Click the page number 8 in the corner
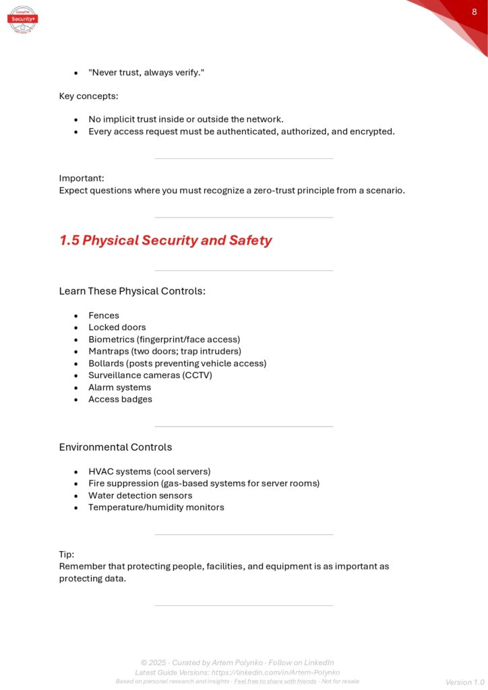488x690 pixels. [474, 11]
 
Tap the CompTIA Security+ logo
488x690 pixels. [22, 18]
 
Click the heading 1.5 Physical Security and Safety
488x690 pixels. [165, 241]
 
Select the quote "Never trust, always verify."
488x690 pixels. [146, 72]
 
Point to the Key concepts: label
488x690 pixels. [88, 96]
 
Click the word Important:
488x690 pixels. [82, 179]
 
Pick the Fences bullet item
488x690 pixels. [104, 315]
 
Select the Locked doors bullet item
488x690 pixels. [117, 327]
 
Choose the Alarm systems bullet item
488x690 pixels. [119, 387]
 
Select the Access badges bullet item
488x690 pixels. [120, 400]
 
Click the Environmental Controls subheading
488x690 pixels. [115, 447]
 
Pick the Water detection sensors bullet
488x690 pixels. [140, 495]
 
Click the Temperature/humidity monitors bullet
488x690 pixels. [156, 507]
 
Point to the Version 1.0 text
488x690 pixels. [464, 682]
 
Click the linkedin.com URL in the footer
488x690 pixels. [276, 672]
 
